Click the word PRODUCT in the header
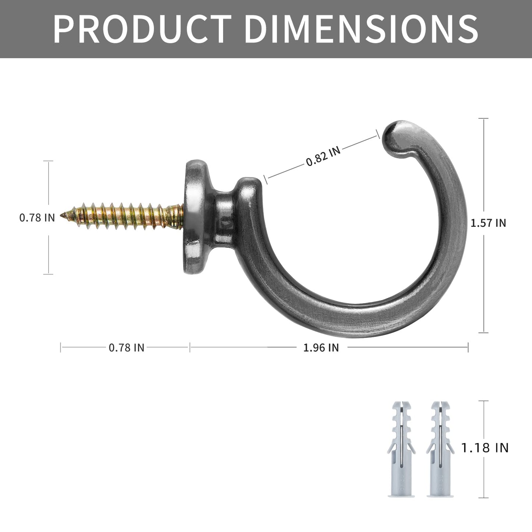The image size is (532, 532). [142, 29]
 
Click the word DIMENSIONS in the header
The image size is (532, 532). [362, 29]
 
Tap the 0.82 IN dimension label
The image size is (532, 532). [323, 156]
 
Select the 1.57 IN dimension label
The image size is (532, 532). [488, 223]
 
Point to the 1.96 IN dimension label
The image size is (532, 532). [321, 348]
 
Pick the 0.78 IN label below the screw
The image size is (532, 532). [126, 348]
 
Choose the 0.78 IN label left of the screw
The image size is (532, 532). [37, 218]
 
